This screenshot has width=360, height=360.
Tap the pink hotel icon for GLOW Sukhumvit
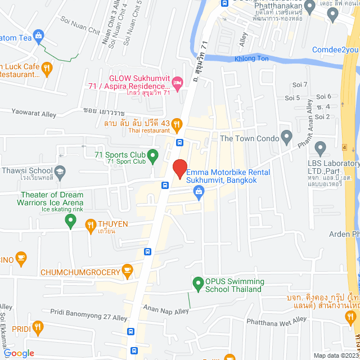177,83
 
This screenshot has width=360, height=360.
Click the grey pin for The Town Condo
286,137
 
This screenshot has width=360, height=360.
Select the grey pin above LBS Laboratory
321,148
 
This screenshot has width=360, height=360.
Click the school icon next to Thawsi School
59,170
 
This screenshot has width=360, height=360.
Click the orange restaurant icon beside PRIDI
38,326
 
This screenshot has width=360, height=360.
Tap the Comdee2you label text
335,49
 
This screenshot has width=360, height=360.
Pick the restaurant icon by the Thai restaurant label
177,124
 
